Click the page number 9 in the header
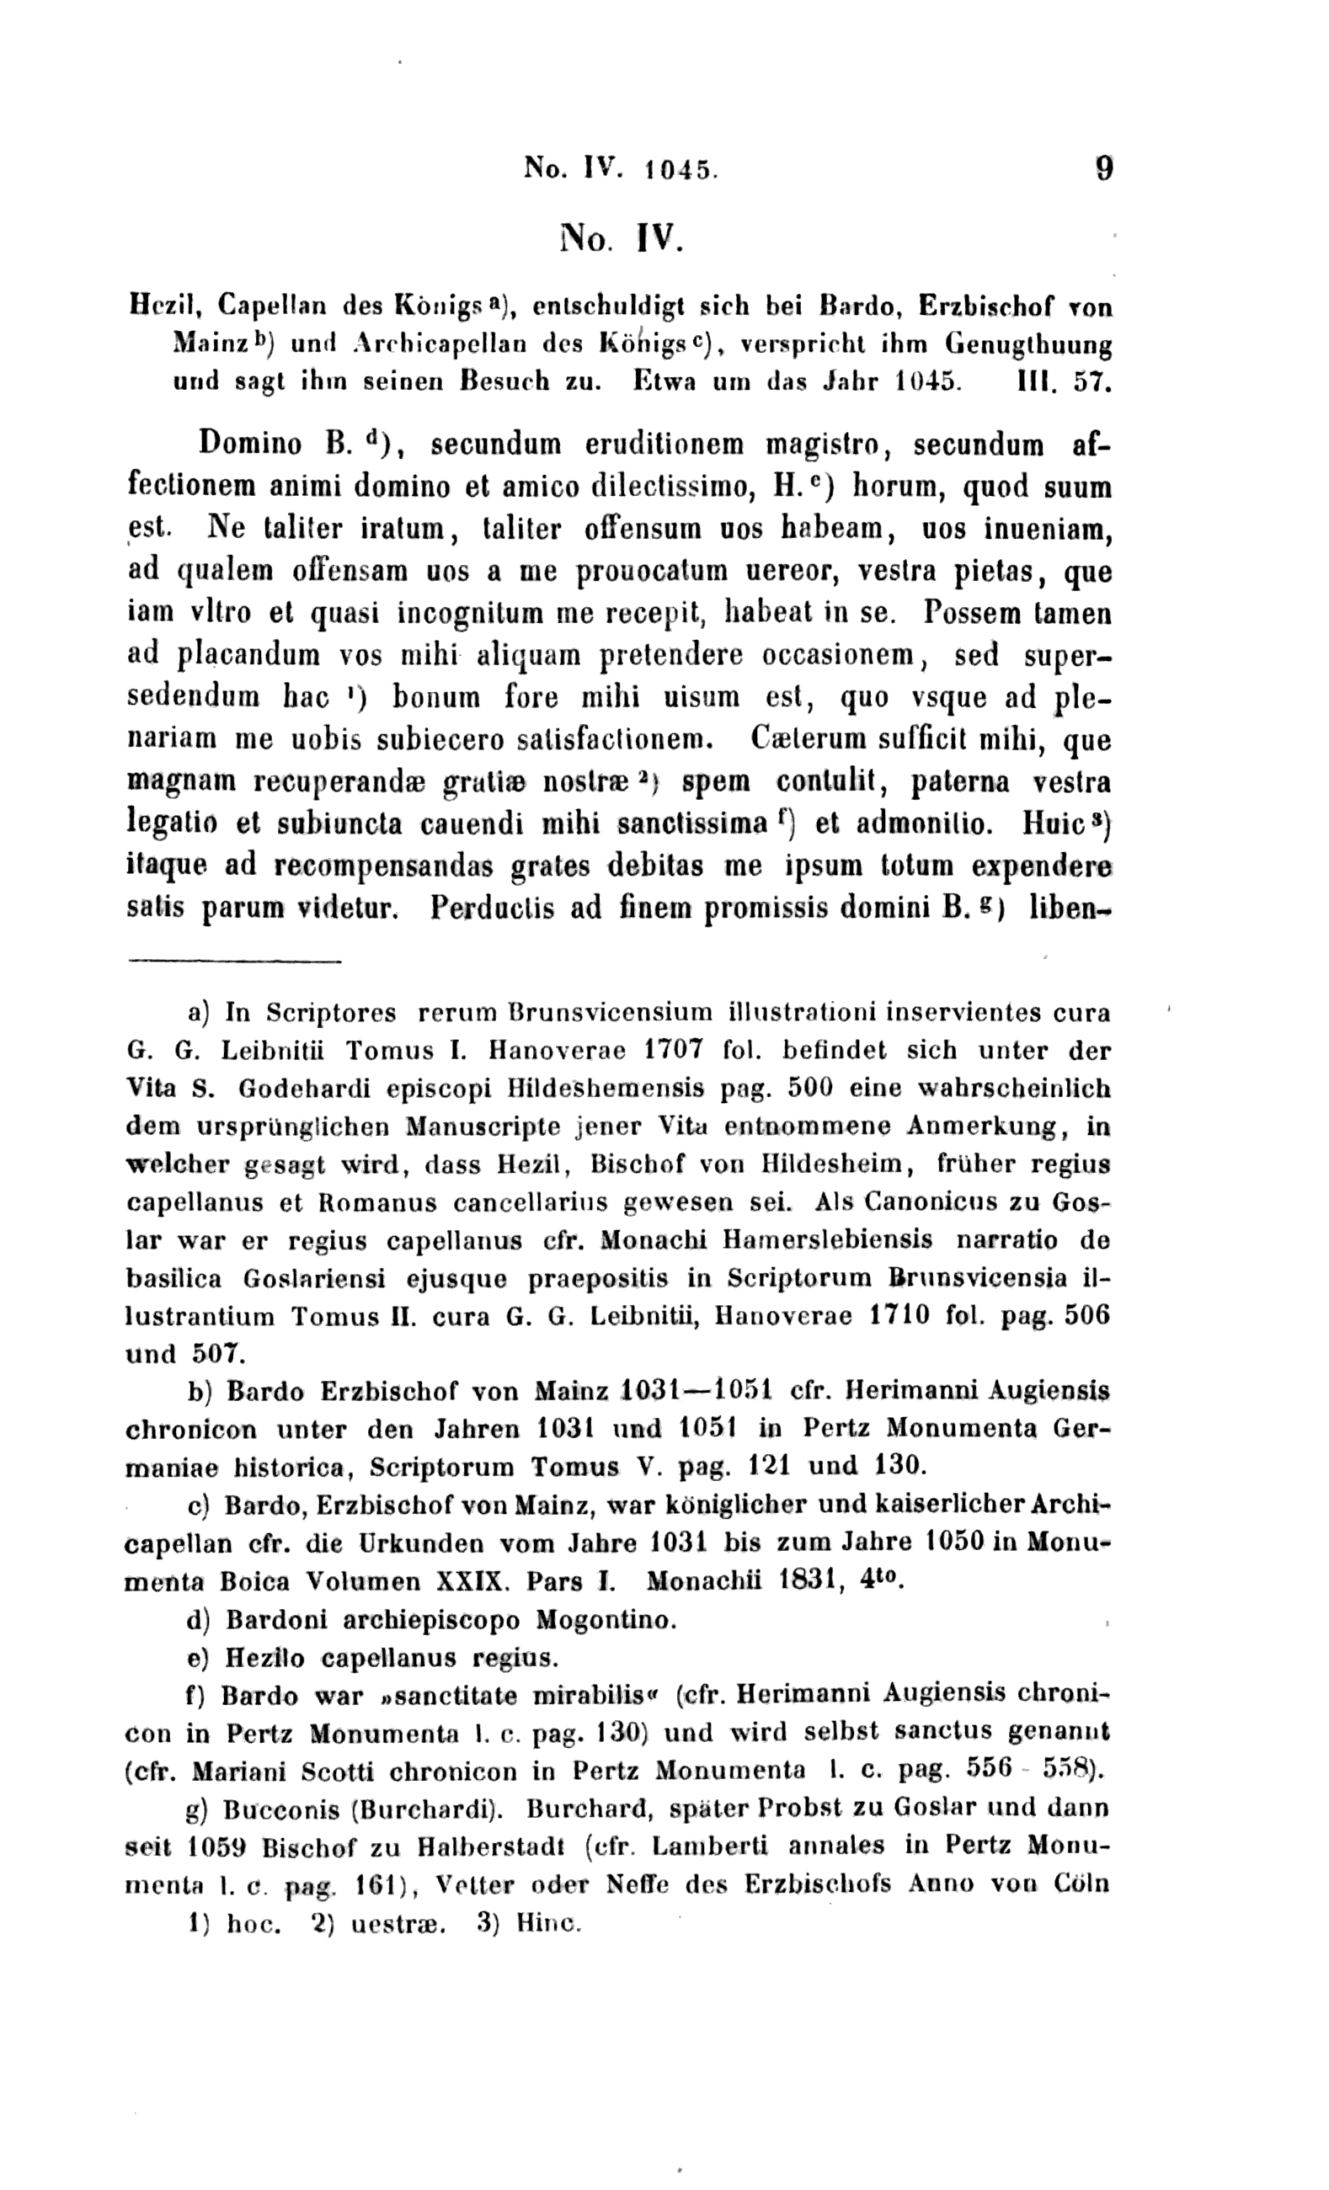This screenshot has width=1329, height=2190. (x=1104, y=168)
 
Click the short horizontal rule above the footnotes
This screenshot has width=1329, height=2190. (x=235, y=961)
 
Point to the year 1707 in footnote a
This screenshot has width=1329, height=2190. (x=674, y=1050)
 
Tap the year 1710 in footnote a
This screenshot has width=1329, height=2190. (x=899, y=1314)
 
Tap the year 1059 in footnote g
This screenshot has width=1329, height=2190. (x=218, y=1847)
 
